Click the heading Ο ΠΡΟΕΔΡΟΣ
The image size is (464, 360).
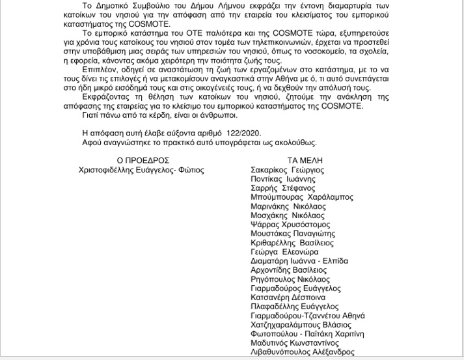click(x=143, y=159)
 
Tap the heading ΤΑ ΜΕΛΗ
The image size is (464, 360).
click(x=304, y=159)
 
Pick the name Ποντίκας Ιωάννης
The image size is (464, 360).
click(x=283, y=178)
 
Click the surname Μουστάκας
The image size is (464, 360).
click(x=273, y=233)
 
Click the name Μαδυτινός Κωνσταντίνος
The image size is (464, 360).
click(x=294, y=342)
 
